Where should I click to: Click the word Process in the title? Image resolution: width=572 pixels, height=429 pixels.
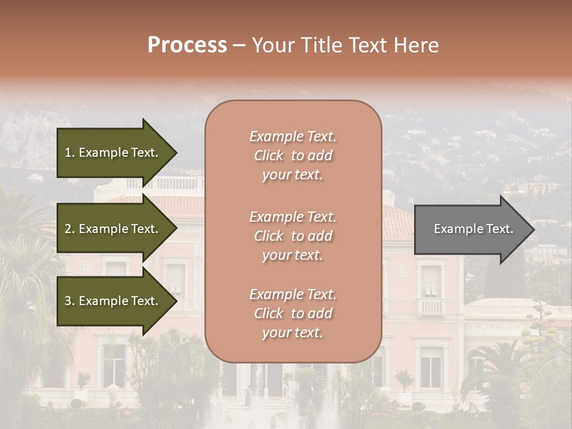point(187,45)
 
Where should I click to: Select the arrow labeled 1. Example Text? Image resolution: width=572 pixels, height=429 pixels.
point(113,153)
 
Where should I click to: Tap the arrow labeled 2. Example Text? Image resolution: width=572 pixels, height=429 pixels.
point(113,229)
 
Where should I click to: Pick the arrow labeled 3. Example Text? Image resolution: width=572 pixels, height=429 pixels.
point(113,301)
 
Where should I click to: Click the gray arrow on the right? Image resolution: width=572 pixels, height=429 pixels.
point(471,229)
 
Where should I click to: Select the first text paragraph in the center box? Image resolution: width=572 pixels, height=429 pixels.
point(293,156)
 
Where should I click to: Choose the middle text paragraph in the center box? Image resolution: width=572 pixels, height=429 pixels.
point(293,236)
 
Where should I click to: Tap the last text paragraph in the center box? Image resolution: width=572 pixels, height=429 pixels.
point(293,313)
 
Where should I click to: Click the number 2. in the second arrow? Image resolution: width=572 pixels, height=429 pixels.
point(69,229)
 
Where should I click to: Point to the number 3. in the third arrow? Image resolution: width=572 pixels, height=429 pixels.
point(69,301)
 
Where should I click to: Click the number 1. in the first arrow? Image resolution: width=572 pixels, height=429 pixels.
point(69,153)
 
